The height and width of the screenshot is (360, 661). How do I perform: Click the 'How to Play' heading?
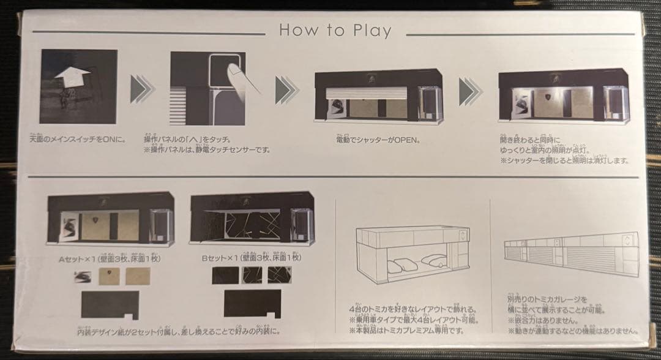tap(335, 30)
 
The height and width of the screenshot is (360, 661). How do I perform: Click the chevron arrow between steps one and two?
tap(140, 91)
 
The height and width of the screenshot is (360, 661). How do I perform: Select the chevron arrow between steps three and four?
tap(469, 91)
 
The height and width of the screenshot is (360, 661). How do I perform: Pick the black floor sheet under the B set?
tap(252, 304)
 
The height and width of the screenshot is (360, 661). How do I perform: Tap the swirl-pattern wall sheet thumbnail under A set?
tap(83, 277)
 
